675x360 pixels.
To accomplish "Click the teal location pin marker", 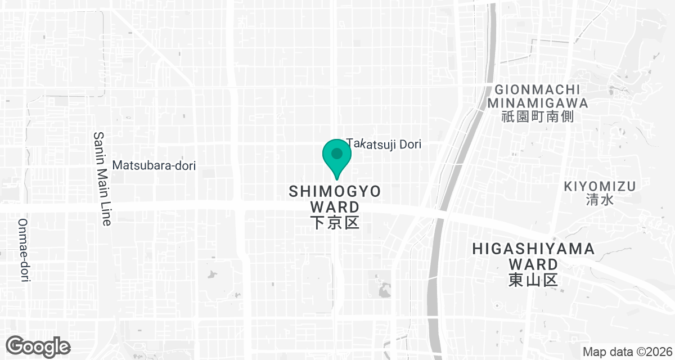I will [337, 157].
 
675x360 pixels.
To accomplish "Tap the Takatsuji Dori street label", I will [384, 145].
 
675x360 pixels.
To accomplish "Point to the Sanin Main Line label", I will [102, 178].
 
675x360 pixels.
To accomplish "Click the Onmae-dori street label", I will [24, 250].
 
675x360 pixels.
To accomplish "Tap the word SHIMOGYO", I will [335, 191].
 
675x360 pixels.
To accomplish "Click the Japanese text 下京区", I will [335, 223].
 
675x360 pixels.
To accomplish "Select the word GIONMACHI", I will [537, 89].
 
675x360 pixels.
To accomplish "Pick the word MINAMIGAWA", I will [537, 103].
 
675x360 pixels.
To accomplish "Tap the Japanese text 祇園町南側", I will [537, 118].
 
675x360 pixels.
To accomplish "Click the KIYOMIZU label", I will [600, 186].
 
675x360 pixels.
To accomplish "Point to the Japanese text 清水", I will [600, 200].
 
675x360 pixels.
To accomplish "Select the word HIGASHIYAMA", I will [533, 249].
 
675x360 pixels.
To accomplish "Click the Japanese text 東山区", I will [533, 280].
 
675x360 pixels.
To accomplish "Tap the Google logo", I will [38, 345].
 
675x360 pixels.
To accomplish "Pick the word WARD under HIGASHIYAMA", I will [533, 264].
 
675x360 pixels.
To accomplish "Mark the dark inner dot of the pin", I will [337, 153].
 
